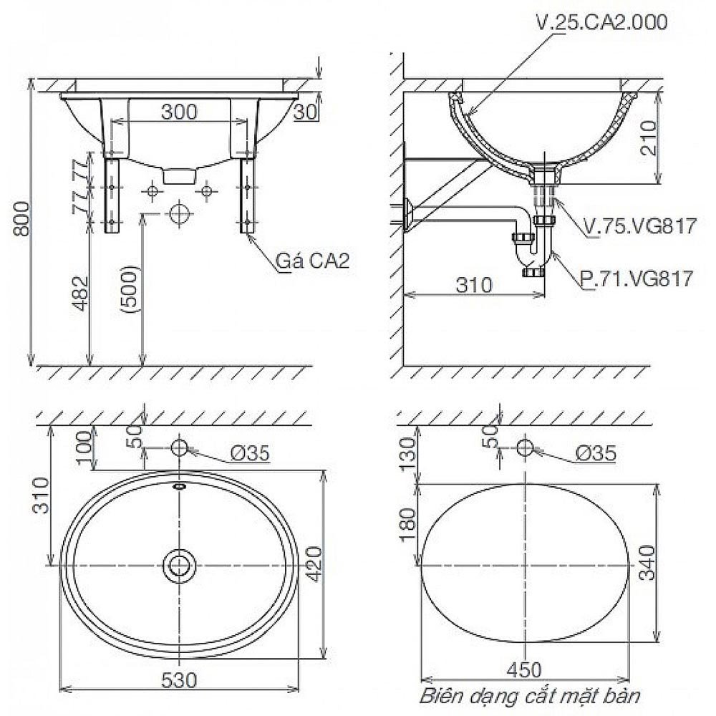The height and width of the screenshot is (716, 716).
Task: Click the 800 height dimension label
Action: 22,218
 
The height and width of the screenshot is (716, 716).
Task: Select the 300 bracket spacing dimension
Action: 179,112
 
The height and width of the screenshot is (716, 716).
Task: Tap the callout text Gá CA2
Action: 313,261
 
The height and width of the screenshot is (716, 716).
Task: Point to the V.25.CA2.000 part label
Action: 601,22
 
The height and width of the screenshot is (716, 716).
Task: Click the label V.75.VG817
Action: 641,226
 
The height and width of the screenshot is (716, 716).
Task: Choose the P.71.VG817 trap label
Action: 637,278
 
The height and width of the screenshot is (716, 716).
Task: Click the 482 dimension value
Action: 81,293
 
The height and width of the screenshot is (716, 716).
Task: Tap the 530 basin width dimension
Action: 179,680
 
